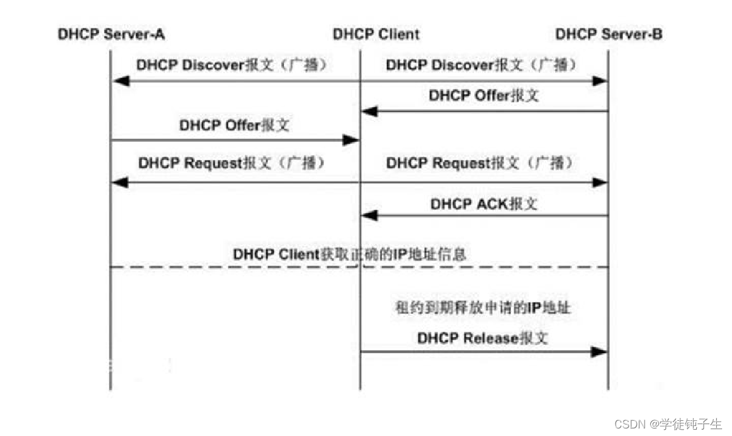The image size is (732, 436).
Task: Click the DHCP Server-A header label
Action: tap(111, 34)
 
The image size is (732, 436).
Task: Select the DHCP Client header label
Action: tap(376, 34)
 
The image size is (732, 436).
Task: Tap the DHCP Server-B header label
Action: tap(609, 34)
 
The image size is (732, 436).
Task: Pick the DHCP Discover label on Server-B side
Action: tap(481, 65)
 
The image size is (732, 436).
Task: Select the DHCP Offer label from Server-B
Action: tap(483, 96)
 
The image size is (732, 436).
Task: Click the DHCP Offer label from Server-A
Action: tap(234, 125)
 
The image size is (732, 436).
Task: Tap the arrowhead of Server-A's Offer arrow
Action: tap(351, 140)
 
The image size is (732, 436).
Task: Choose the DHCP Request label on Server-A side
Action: tap(234, 164)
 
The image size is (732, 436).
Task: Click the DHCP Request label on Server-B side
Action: tap(480, 164)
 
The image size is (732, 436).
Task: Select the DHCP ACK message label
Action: tap(484, 204)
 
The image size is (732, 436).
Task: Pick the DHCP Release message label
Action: tap(482, 338)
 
